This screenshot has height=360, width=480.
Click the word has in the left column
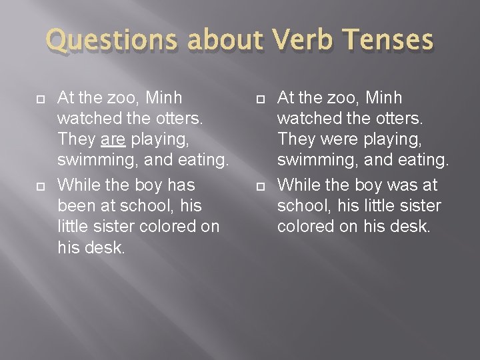click(181, 183)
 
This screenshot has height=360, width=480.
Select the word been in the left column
click(77, 205)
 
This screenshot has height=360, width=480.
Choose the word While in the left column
click(78, 183)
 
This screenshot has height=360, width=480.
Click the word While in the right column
click(297, 183)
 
